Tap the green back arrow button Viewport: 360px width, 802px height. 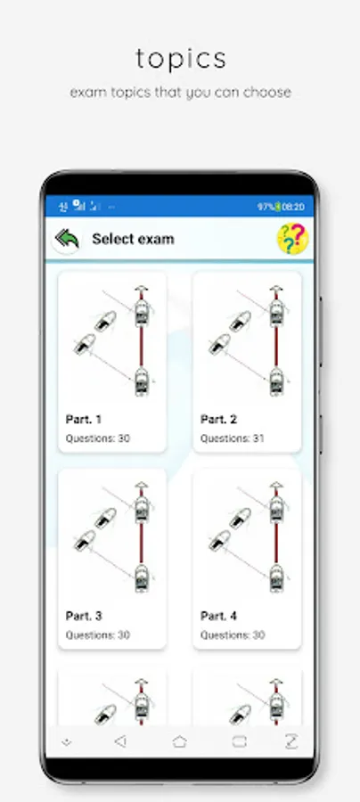(67, 239)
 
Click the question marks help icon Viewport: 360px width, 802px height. (292, 238)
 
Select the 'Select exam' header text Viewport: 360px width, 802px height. (133, 239)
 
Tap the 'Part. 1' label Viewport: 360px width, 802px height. (84, 420)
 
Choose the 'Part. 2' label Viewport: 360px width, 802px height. (219, 420)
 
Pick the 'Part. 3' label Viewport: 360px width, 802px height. (84, 616)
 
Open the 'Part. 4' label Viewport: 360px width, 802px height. (219, 616)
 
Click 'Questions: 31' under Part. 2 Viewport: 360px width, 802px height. (233, 438)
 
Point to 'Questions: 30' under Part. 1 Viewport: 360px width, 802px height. (98, 438)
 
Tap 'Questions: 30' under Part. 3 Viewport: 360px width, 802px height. (98, 634)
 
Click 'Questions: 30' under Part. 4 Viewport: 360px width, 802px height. (233, 634)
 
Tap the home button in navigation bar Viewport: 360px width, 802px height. (179, 741)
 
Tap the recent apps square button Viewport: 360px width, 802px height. (240, 741)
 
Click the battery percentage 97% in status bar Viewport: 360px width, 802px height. (266, 207)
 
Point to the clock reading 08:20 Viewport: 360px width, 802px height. (293, 207)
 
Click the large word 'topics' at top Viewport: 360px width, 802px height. (181, 60)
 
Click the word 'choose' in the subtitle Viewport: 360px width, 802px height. (267, 93)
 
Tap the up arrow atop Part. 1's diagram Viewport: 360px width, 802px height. (142, 290)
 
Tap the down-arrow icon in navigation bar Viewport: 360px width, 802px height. (67, 742)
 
